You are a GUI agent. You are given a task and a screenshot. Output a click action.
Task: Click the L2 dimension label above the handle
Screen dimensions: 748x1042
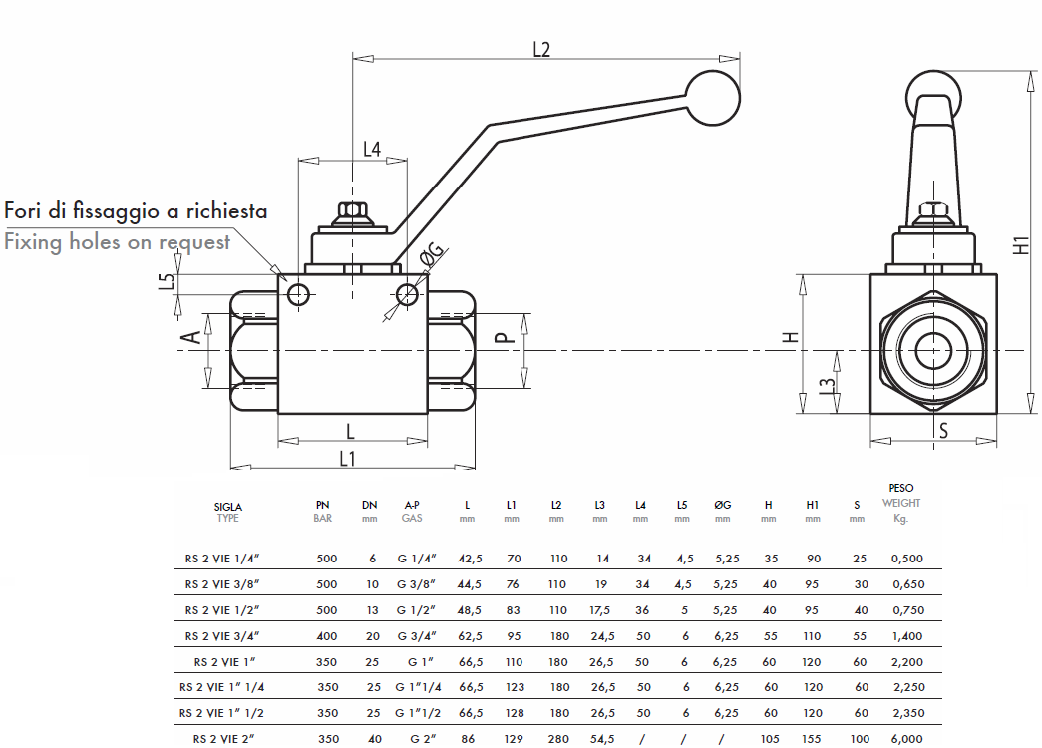coord(541,49)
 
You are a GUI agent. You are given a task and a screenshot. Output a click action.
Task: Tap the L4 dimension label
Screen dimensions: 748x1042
coord(371,150)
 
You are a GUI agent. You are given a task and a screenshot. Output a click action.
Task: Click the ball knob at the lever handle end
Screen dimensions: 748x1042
coord(713,97)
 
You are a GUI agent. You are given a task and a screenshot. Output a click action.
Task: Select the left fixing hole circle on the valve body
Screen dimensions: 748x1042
coord(297,293)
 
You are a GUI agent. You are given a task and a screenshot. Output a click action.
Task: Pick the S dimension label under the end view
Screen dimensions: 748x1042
coord(942,430)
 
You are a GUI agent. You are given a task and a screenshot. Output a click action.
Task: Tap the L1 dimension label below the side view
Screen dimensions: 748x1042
coord(348,458)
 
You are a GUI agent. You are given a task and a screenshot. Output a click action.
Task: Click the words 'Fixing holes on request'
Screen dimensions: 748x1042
coord(118,241)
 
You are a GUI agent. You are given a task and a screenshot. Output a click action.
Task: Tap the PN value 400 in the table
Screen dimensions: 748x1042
coord(327,635)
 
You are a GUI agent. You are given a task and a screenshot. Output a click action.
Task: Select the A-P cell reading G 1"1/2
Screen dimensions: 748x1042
coord(418,713)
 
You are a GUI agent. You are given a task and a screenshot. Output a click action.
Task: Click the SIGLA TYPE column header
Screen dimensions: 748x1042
coord(228,512)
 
